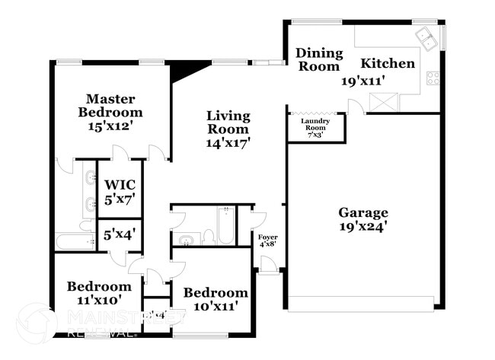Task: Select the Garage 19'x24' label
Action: click(x=363, y=219)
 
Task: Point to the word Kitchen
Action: click(x=388, y=63)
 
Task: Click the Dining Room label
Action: click(x=318, y=59)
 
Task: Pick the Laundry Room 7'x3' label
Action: click(x=315, y=128)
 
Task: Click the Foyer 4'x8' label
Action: click(x=268, y=241)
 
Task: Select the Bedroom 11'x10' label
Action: click(x=99, y=293)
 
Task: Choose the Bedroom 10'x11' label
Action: click(x=216, y=299)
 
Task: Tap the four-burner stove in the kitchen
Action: click(x=433, y=77)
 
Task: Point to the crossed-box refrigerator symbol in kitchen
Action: click(x=382, y=101)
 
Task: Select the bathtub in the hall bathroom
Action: click(x=226, y=225)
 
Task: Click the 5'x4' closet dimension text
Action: click(x=118, y=235)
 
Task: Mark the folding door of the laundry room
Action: click(x=316, y=113)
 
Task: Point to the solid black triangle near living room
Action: click(x=185, y=70)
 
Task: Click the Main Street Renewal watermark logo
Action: click(x=38, y=323)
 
